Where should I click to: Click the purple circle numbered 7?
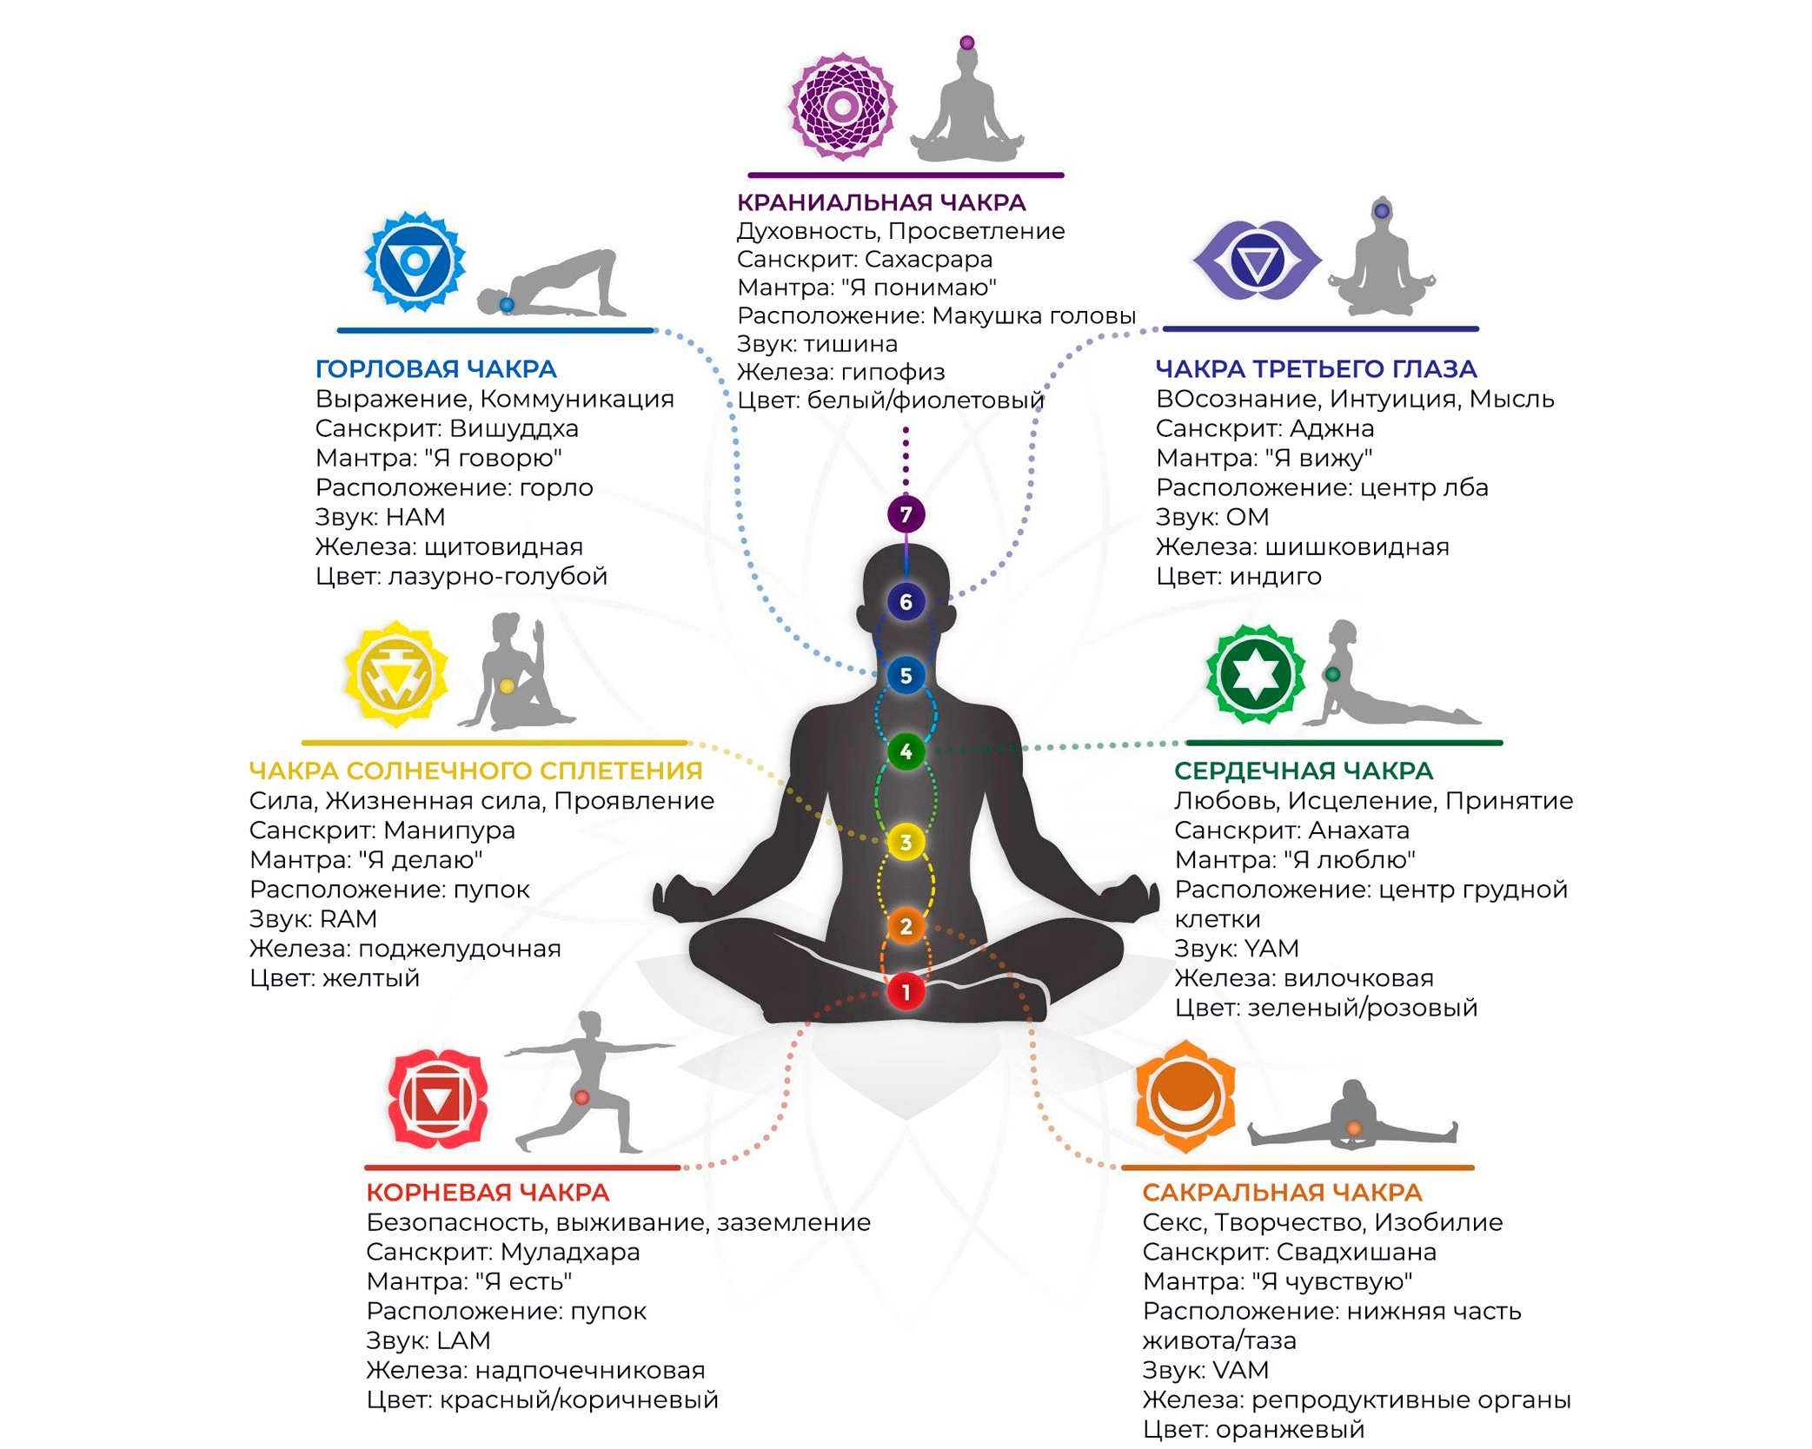tap(906, 514)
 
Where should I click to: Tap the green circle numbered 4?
tap(906, 751)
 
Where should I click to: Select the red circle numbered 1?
tap(906, 991)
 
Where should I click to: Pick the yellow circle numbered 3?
tap(906, 842)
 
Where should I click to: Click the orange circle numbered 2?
tap(906, 926)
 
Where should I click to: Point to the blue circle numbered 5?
tap(906, 676)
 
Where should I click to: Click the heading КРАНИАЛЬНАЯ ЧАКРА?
tap(881, 202)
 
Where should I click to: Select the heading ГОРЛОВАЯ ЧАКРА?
tap(435, 369)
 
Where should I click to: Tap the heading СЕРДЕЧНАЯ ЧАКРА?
tap(1304, 771)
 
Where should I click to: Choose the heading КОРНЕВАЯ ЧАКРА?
tap(488, 1192)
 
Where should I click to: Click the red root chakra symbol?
tap(437, 1099)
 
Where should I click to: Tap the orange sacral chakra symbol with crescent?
tap(1185, 1097)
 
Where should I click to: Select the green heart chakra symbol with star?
tap(1255, 674)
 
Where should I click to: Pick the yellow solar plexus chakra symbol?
tap(395, 674)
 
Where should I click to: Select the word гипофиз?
tap(893, 372)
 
